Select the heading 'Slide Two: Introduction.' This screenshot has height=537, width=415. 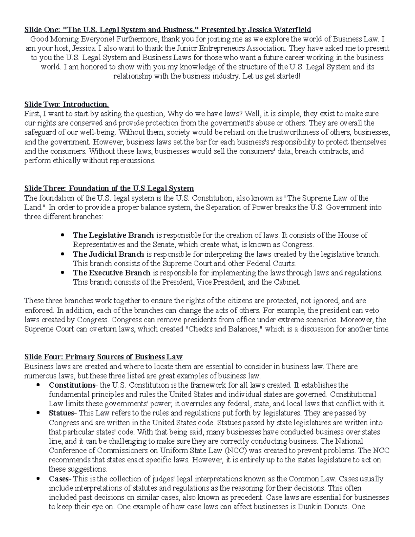tap(66, 104)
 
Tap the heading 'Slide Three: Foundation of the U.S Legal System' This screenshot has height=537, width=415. tap(109, 188)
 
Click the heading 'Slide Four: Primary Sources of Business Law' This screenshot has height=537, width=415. tap(103, 357)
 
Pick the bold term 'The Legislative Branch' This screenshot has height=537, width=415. tap(113, 235)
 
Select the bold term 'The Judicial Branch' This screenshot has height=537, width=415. tap(108, 254)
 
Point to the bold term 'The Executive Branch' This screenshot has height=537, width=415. tap(112, 273)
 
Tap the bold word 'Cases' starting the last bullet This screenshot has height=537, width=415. tap(59, 479)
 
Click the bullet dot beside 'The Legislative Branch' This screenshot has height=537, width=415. tap(63, 235)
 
